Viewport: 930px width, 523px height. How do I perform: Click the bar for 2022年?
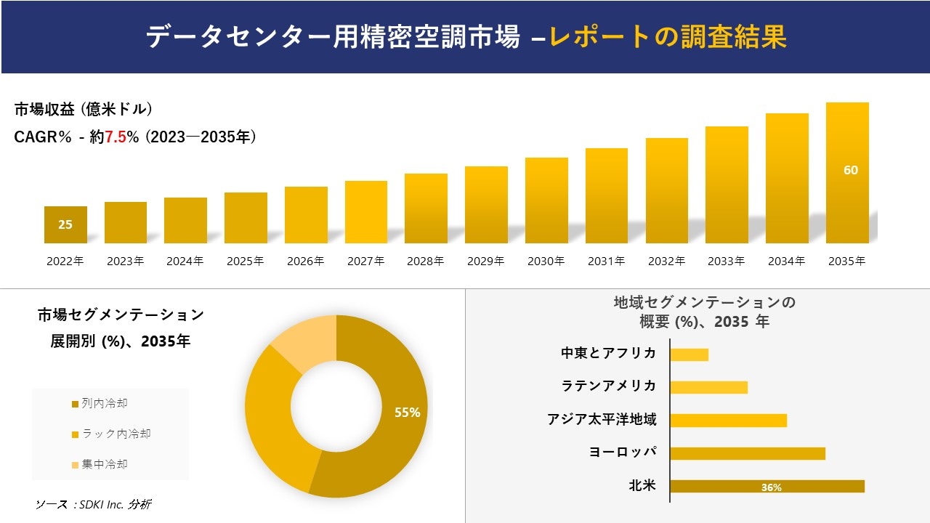point(65,225)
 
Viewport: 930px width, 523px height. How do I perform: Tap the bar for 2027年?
point(366,212)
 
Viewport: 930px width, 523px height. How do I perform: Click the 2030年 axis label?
point(546,261)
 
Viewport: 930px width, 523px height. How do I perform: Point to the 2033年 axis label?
point(726,261)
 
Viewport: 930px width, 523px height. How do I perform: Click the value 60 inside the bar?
point(850,170)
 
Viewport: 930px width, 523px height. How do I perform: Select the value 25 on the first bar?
point(65,224)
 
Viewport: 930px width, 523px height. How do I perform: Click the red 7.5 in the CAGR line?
point(116,137)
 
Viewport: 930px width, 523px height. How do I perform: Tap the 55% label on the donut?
point(407,413)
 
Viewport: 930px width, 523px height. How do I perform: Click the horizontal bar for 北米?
point(767,487)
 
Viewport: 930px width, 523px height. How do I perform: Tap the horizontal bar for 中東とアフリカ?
point(689,354)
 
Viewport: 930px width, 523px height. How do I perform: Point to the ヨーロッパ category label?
point(623,452)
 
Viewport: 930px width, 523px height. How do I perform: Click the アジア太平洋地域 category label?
point(602,419)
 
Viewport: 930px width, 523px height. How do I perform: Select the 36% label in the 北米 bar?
point(771,487)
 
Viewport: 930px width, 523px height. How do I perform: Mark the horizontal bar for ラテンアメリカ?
point(708,387)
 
